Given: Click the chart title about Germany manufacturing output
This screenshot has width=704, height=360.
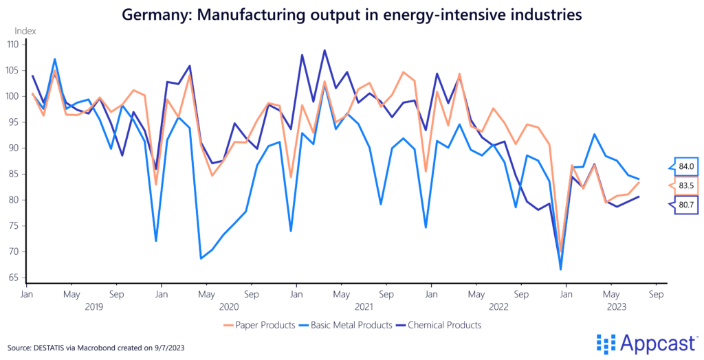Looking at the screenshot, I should [x=351, y=13].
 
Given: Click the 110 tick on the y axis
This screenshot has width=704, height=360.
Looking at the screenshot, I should [x=14, y=44].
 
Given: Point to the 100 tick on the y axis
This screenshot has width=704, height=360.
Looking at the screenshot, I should [x=14, y=96].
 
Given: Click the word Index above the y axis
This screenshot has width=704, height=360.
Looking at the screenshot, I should [x=25, y=31].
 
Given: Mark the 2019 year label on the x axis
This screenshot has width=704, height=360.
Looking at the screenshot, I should [x=93, y=306].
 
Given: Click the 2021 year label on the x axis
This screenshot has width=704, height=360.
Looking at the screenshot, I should [x=364, y=306].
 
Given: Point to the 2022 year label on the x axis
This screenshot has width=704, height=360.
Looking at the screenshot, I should [x=498, y=306].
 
